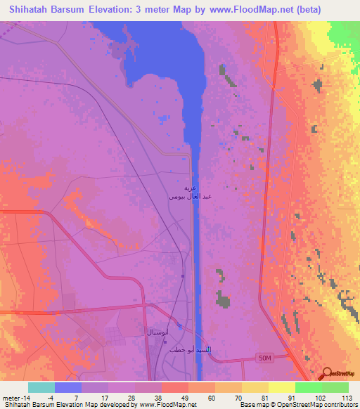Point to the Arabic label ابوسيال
click(x=155, y=330)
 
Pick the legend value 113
click(x=345, y=397)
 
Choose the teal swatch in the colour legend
click(x=41, y=387)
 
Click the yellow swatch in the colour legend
click(x=281, y=387)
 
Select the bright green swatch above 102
click(x=308, y=387)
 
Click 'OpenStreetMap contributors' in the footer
click(x=317, y=405)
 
